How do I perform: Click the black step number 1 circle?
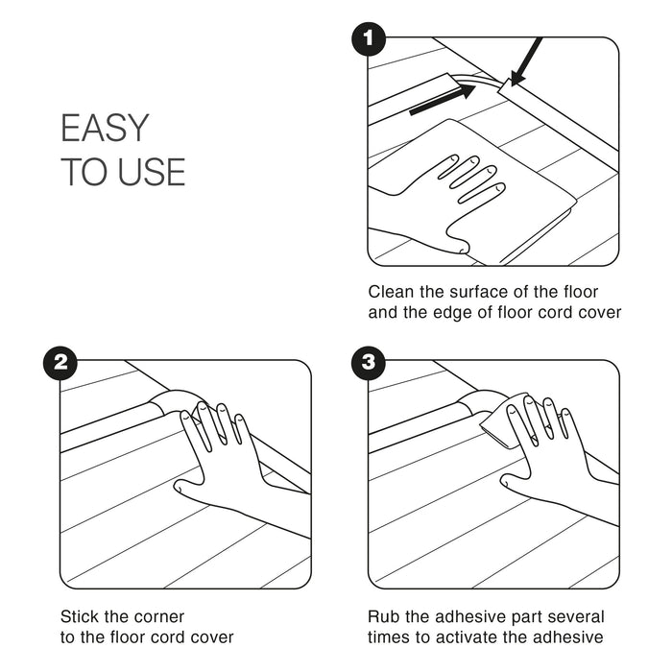[x=369, y=39]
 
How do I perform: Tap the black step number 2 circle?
[x=60, y=363]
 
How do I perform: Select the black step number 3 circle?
[x=369, y=363]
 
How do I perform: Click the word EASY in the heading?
[x=105, y=128]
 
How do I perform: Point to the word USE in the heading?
[x=152, y=172]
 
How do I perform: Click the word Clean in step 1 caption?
[x=392, y=292]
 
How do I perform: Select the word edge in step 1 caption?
[x=453, y=312]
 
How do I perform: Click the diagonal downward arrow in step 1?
[x=526, y=61]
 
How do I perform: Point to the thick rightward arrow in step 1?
[x=443, y=100]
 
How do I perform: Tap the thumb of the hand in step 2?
[x=188, y=489]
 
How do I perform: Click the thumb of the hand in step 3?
[x=516, y=484]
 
